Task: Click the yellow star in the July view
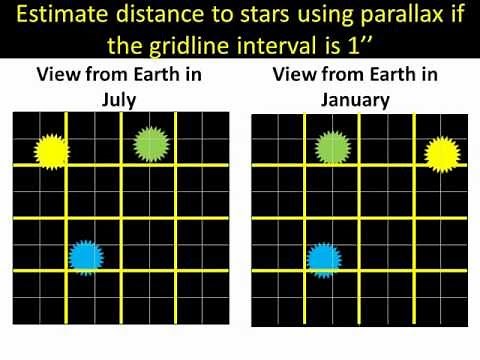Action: click(x=49, y=150)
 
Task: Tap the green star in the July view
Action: click(x=149, y=144)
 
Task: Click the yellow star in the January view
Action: click(x=441, y=154)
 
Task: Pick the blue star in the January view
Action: click(x=322, y=259)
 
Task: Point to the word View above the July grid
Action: click(x=58, y=76)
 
